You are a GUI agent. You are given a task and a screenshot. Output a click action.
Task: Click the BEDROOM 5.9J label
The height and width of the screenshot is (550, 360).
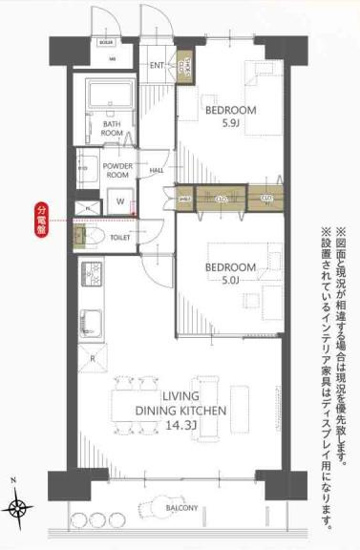pos(231,117)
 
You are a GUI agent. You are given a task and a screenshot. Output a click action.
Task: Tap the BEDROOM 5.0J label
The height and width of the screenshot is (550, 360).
pos(231,274)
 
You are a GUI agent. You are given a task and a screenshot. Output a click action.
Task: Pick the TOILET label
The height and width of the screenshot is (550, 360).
pos(119,237)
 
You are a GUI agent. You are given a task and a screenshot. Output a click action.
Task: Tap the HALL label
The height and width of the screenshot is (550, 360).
pos(157,171)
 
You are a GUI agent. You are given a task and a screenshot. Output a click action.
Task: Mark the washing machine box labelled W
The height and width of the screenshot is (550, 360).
pos(119,202)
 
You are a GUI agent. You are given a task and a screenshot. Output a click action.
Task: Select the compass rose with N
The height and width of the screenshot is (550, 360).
pos(20,506)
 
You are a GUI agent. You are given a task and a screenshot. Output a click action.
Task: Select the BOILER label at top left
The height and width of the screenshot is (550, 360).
pos(106,43)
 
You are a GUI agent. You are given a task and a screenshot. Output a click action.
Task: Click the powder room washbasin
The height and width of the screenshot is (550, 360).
pos(85,169)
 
